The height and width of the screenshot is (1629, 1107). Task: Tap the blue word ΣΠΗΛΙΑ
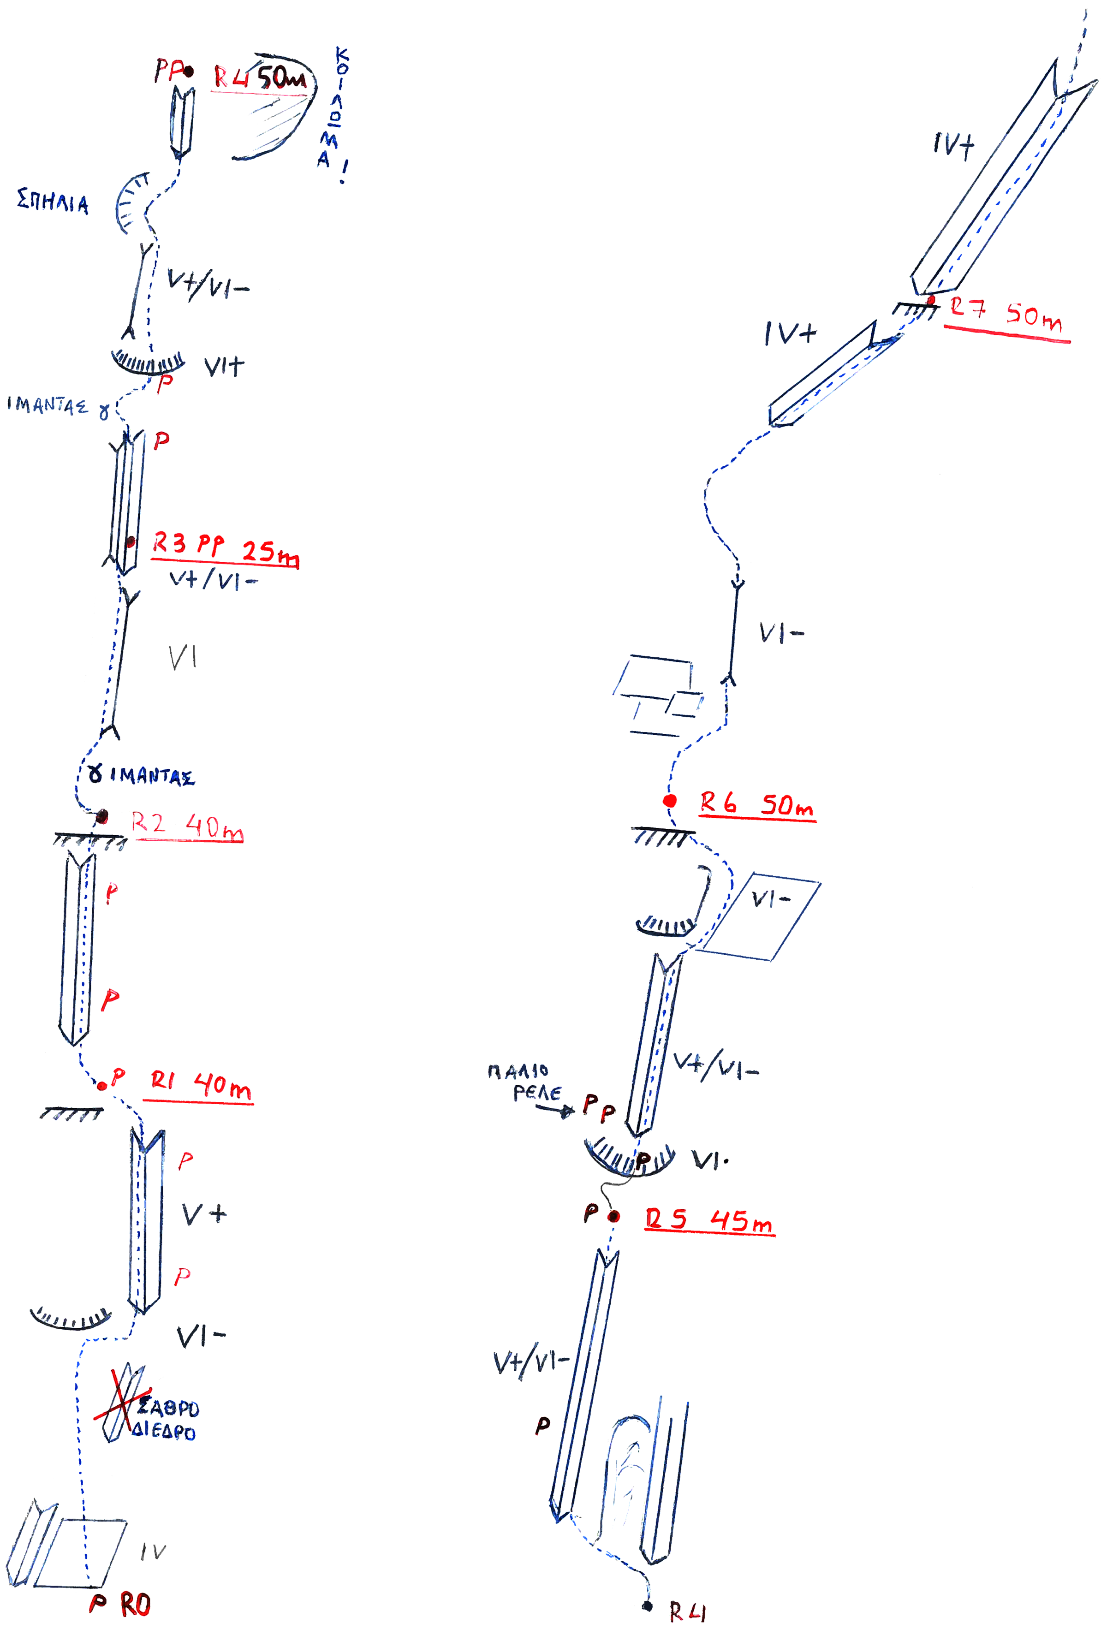[53, 202]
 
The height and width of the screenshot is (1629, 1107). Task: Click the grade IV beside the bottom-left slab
[153, 1551]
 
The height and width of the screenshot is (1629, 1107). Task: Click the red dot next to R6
[670, 801]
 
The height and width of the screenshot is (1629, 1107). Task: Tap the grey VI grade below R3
[182, 658]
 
